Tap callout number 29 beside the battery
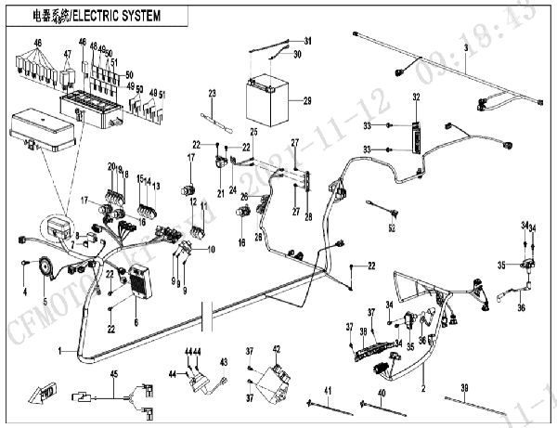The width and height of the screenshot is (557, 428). click(x=307, y=99)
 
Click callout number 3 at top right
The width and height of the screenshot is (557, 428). click(x=465, y=45)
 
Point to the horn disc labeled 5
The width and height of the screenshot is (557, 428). click(x=42, y=269)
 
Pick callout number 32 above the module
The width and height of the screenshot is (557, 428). click(x=416, y=97)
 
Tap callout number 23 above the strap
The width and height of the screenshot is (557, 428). click(x=212, y=93)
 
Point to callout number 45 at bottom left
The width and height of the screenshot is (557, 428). click(x=114, y=373)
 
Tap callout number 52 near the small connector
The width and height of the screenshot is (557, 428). click(x=392, y=227)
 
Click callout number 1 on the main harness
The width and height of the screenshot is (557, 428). click(x=60, y=350)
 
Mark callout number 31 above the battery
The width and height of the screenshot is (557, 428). click(x=308, y=41)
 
